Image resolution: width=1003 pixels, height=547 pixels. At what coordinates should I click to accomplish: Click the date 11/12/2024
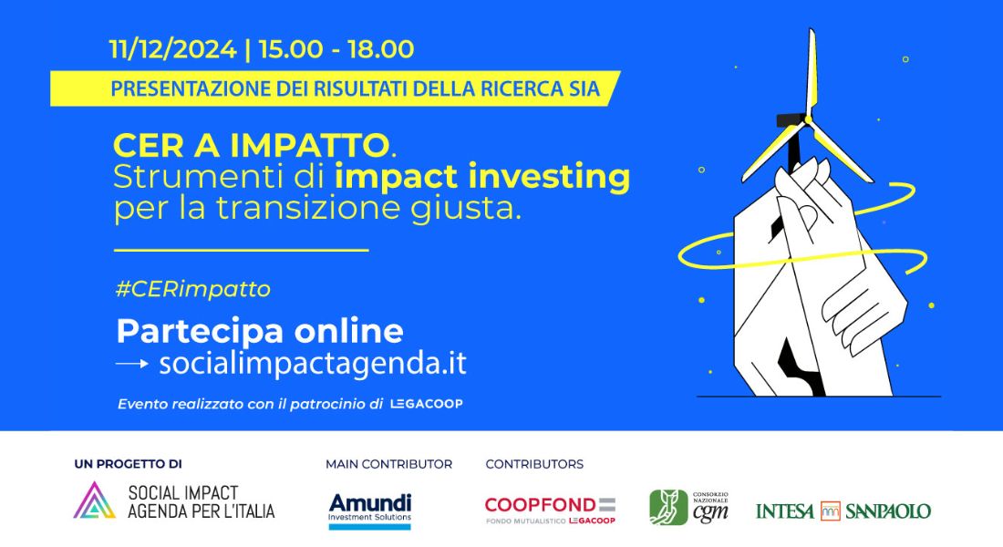tap(172, 49)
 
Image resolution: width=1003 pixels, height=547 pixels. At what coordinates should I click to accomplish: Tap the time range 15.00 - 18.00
tap(336, 49)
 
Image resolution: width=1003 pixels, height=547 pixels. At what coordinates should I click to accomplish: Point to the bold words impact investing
tap(482, 177)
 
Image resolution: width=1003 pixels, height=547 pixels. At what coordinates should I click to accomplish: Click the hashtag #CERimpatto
tap(193, 289)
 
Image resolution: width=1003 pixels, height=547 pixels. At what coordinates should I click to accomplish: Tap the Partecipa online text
tap(260, 332)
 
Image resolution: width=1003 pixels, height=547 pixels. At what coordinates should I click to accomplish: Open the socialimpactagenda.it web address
tap(313, 364)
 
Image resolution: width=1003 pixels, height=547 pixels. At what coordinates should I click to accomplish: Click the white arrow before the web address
tap(132, 364)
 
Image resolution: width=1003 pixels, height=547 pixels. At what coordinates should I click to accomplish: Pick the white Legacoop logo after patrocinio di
tap(427, 404)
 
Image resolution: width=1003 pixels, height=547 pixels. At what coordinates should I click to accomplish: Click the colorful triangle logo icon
tap(95, 501)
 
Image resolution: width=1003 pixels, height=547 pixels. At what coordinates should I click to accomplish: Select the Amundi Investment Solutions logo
tap(369, 511)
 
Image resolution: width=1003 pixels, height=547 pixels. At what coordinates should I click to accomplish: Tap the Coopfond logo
tap(550, 511)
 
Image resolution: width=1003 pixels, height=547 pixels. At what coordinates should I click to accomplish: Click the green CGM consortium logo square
tap(668, 507)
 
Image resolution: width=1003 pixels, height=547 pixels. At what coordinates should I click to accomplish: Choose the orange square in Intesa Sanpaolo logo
tap(831, 511)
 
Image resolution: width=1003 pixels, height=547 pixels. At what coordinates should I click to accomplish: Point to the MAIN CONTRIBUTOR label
tap(389, 464)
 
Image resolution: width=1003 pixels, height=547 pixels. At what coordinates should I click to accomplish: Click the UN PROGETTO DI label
tap(128, 464)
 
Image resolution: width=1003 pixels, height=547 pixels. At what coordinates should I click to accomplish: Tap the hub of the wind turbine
tap(808, 119)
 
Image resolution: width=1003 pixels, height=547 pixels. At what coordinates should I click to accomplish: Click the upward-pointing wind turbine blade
tap(812, 72)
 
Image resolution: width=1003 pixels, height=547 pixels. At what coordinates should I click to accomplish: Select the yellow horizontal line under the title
tap(241, 250)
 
